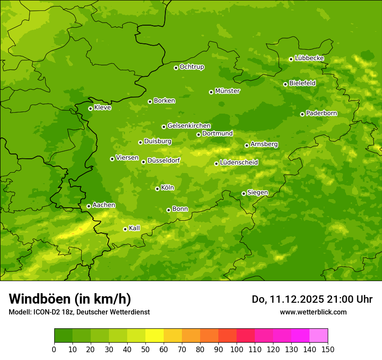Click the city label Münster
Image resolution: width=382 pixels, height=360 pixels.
[x=227, y=91]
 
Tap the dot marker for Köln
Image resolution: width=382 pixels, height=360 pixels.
[x=157, y=189]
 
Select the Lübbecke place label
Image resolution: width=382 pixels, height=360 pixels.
[x=309, y=58]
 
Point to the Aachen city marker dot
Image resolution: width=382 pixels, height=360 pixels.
[x=89, y=206]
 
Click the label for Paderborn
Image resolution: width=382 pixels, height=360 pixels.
[x=321, y=113]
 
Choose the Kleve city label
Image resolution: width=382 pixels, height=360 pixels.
[x=102, y=108]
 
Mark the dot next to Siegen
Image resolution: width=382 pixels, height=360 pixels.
[x=244, y=193]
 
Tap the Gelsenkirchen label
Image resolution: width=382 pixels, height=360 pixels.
[x=189, y=126]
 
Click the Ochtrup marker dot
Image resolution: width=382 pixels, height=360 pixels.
[x=176, y=68]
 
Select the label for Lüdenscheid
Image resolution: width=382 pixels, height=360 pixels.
[x=239, y=163]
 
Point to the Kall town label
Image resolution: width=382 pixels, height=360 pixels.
[x=135, y=228]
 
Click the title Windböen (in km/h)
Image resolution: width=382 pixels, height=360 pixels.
[x=70, y=299]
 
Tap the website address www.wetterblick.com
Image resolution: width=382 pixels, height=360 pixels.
[x=313, y=312]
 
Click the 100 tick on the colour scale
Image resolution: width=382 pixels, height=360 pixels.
[x=237, y=349]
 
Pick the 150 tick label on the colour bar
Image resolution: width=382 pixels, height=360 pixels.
[x=328, y=349]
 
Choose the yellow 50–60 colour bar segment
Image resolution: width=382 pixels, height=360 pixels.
[x=155, y=336]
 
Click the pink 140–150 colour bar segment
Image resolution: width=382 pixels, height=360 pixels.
[x=319, y=336]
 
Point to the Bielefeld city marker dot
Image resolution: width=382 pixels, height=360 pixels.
[x=285, y=84]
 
